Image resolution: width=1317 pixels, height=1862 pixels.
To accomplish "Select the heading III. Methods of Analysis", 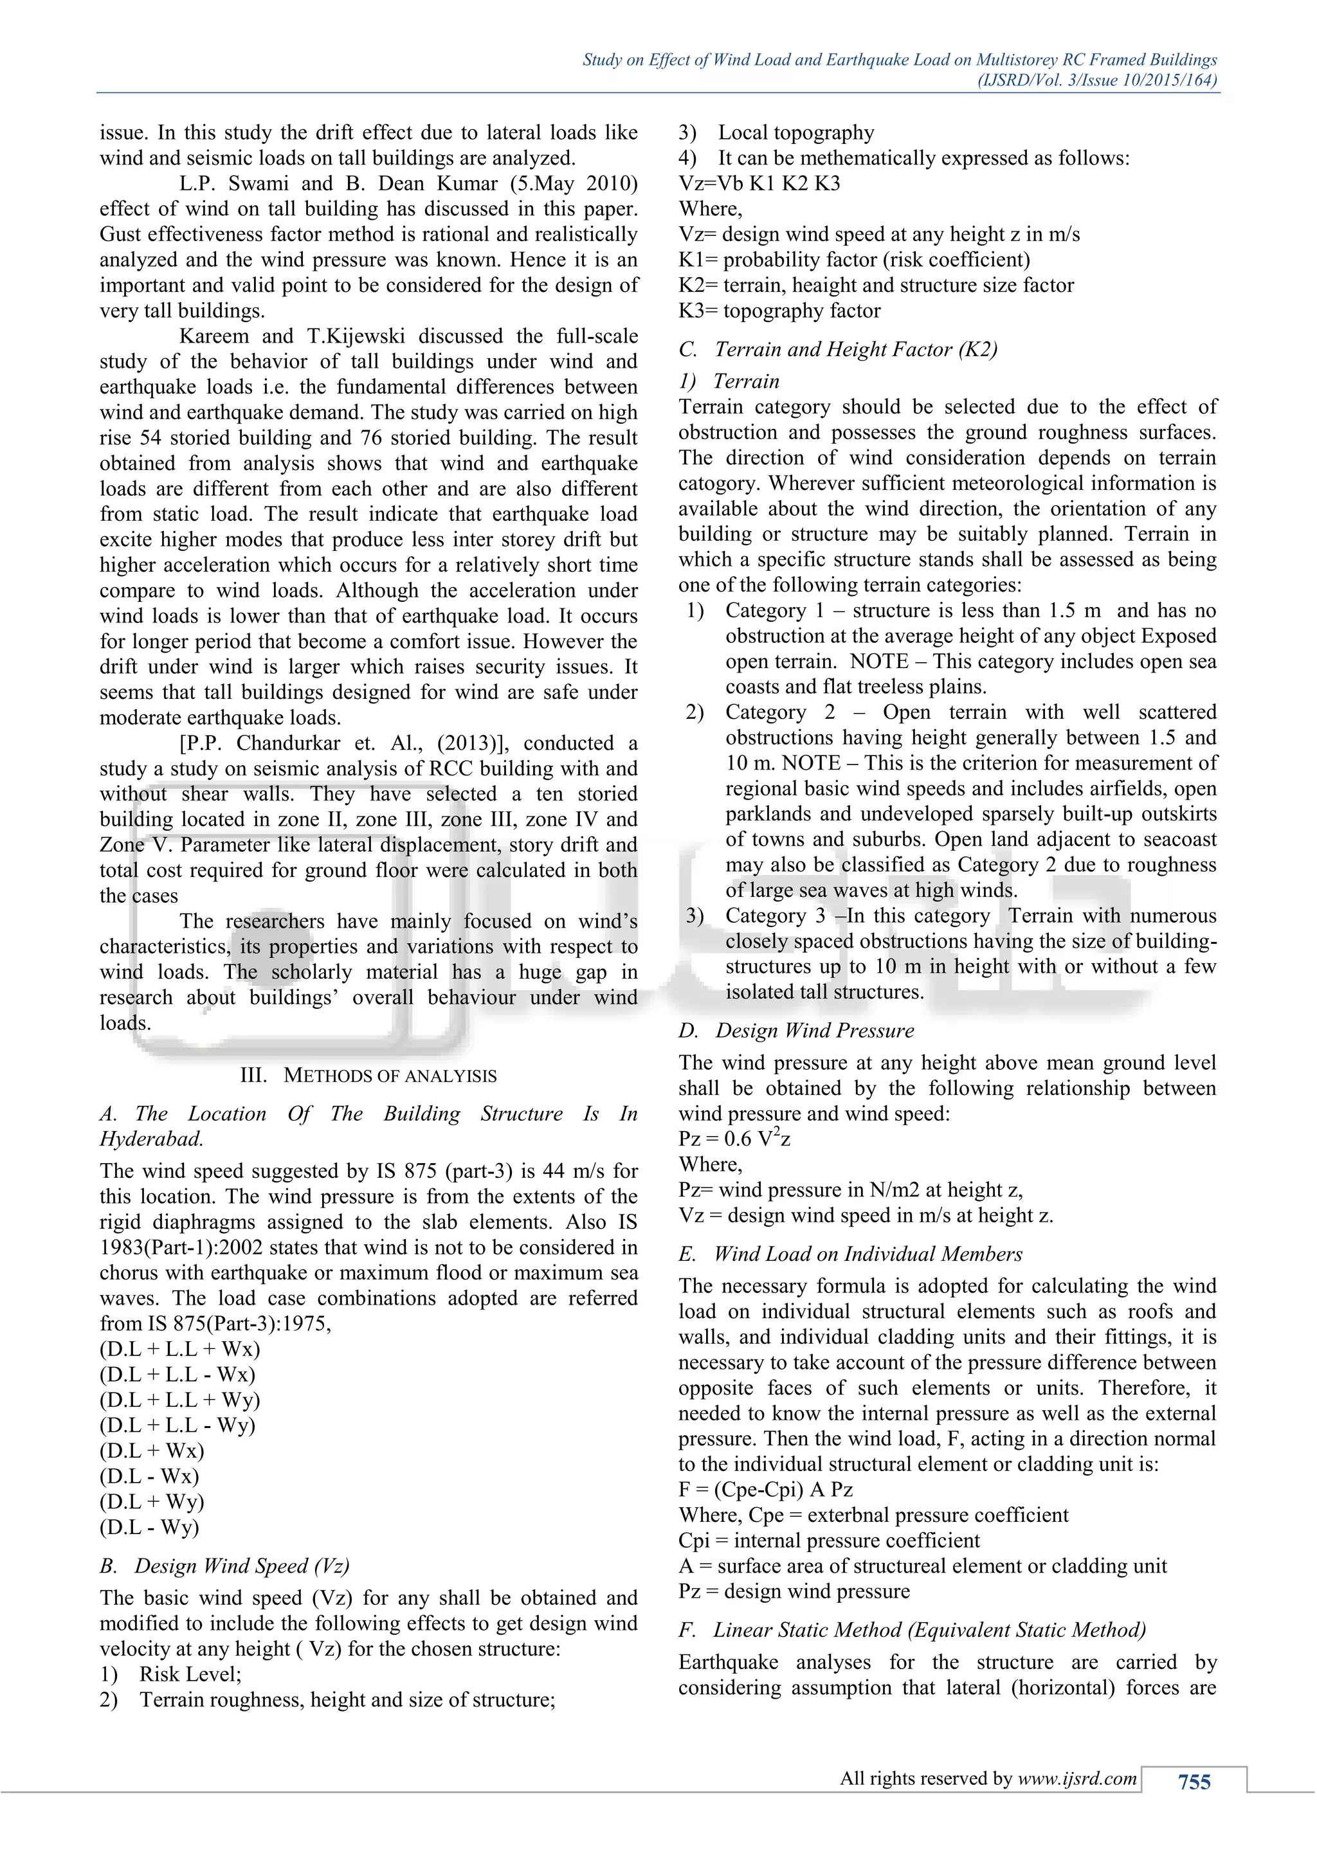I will point(368,1076).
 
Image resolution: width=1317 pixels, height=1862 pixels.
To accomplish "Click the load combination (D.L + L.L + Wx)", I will point(180,1349).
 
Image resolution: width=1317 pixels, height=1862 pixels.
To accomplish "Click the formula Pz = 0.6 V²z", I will point(735,1139).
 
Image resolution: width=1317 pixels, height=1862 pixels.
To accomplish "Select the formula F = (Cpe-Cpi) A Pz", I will point(765,1489).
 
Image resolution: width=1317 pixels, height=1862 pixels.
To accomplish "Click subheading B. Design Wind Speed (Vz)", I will point(224,1565).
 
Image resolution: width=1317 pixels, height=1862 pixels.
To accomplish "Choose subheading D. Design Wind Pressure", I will point(796,1030).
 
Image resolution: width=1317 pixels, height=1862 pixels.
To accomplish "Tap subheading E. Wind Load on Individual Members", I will point(850,1254).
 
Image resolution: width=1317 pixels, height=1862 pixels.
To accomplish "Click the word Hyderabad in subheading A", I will point(151,1139).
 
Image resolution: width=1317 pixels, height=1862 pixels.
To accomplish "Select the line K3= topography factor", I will point(779,311).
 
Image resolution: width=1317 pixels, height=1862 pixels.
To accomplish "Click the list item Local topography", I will point(795,132).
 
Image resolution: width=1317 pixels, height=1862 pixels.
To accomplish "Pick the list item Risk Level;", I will point(190,1674).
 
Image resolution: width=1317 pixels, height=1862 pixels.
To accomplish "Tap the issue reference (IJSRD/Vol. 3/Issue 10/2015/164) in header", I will point(1098,80).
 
